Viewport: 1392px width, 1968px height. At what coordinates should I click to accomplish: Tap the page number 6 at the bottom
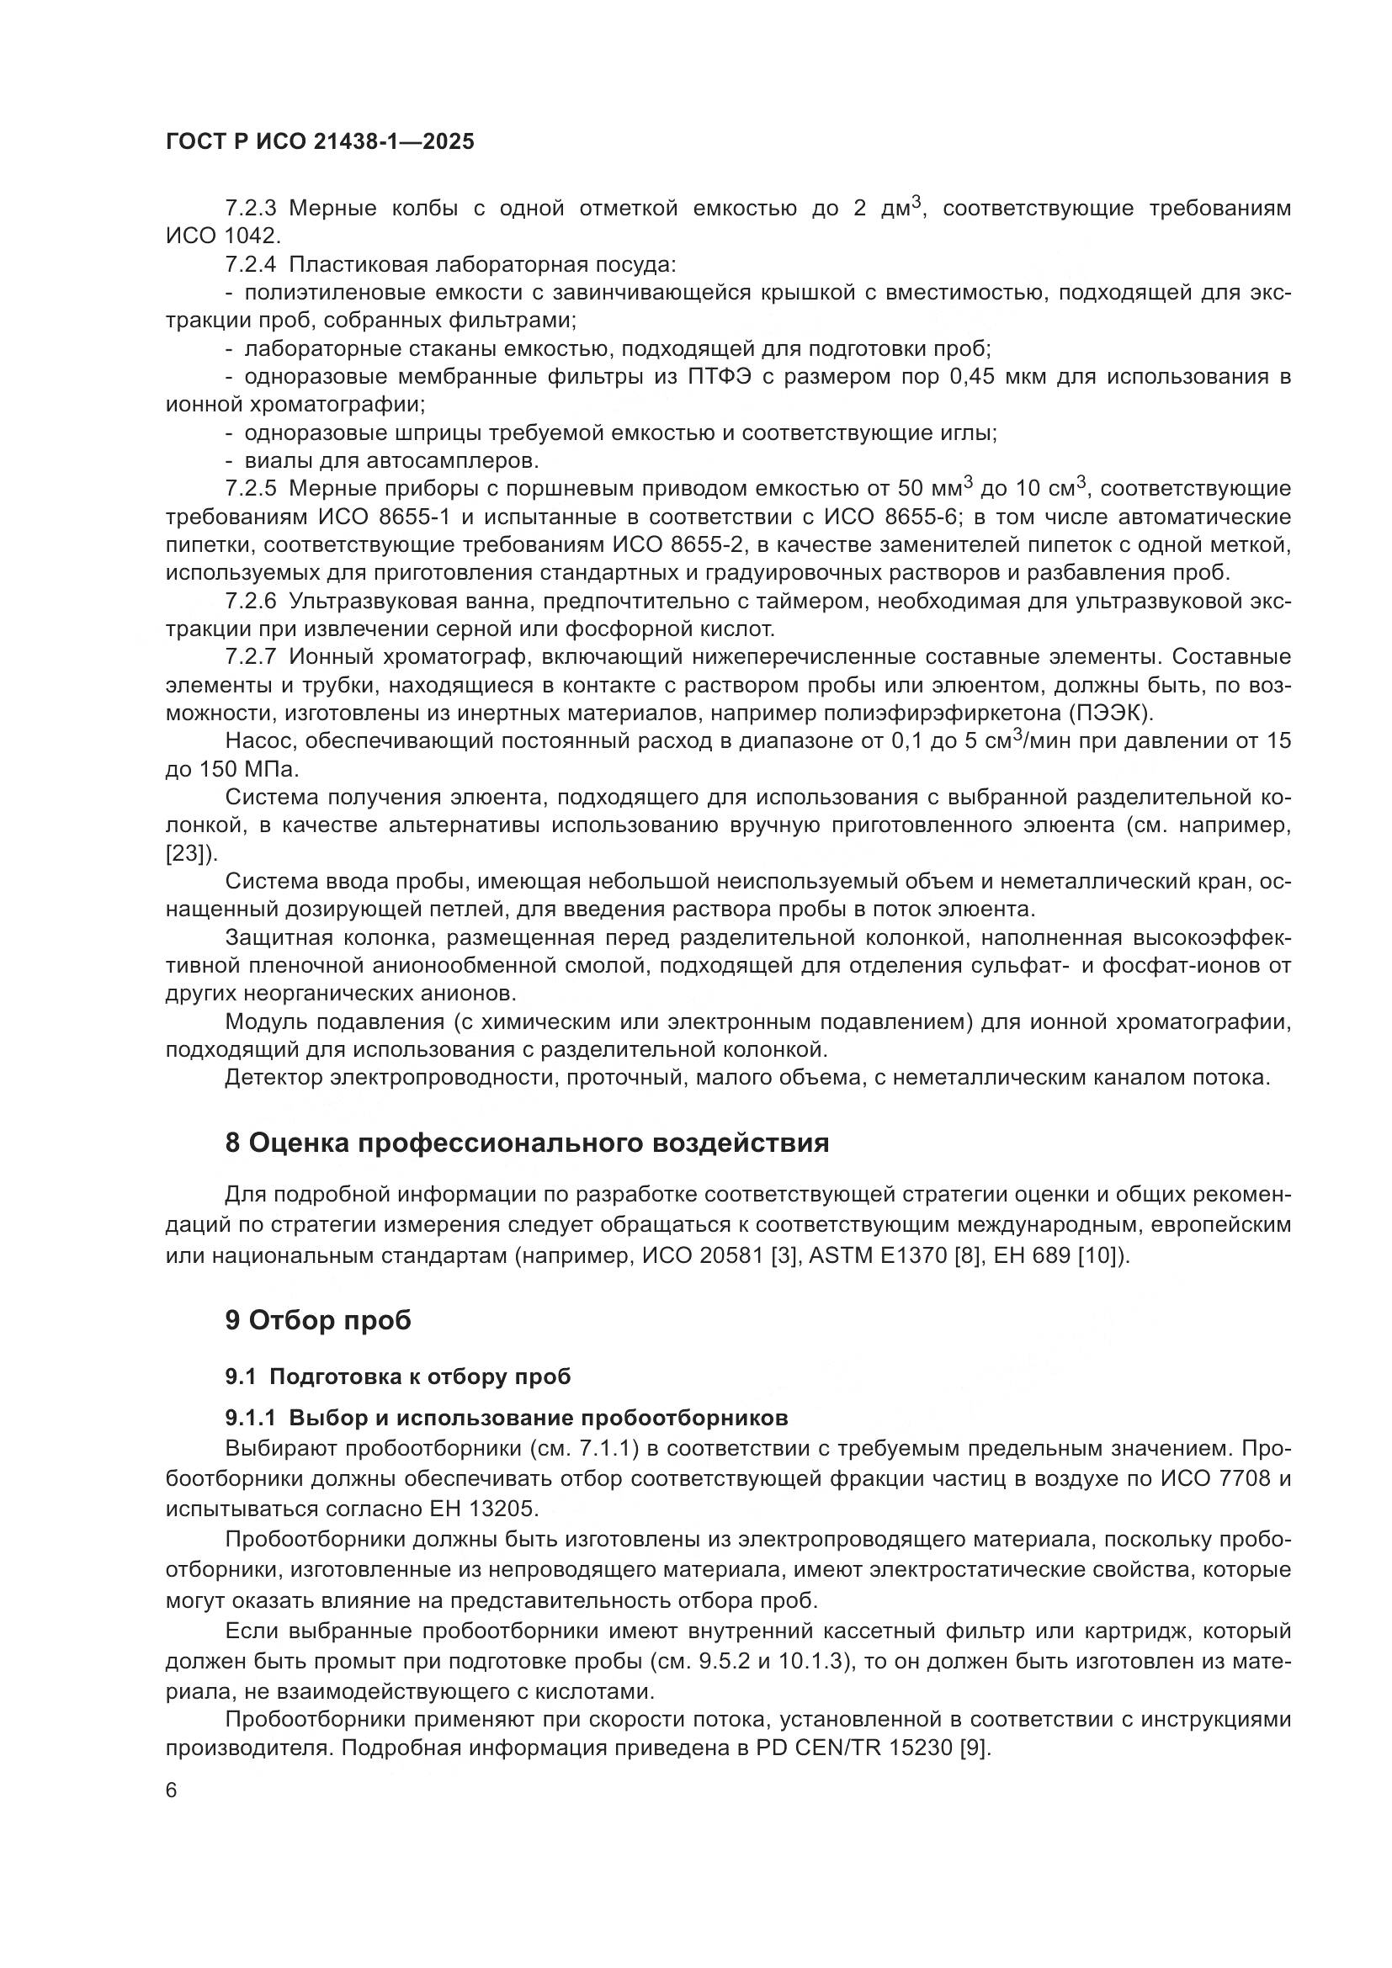pos(172,1790)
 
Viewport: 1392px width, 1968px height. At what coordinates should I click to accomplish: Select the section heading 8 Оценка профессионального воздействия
pos(526,1143)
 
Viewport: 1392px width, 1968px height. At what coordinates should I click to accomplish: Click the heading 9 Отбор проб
pos(318,1320)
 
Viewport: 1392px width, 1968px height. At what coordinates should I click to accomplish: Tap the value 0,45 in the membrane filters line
pos(972,377)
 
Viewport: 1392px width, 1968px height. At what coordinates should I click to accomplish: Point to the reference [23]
pos(186,854)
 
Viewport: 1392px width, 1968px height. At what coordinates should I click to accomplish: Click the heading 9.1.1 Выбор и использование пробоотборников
pos(506,1418)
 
